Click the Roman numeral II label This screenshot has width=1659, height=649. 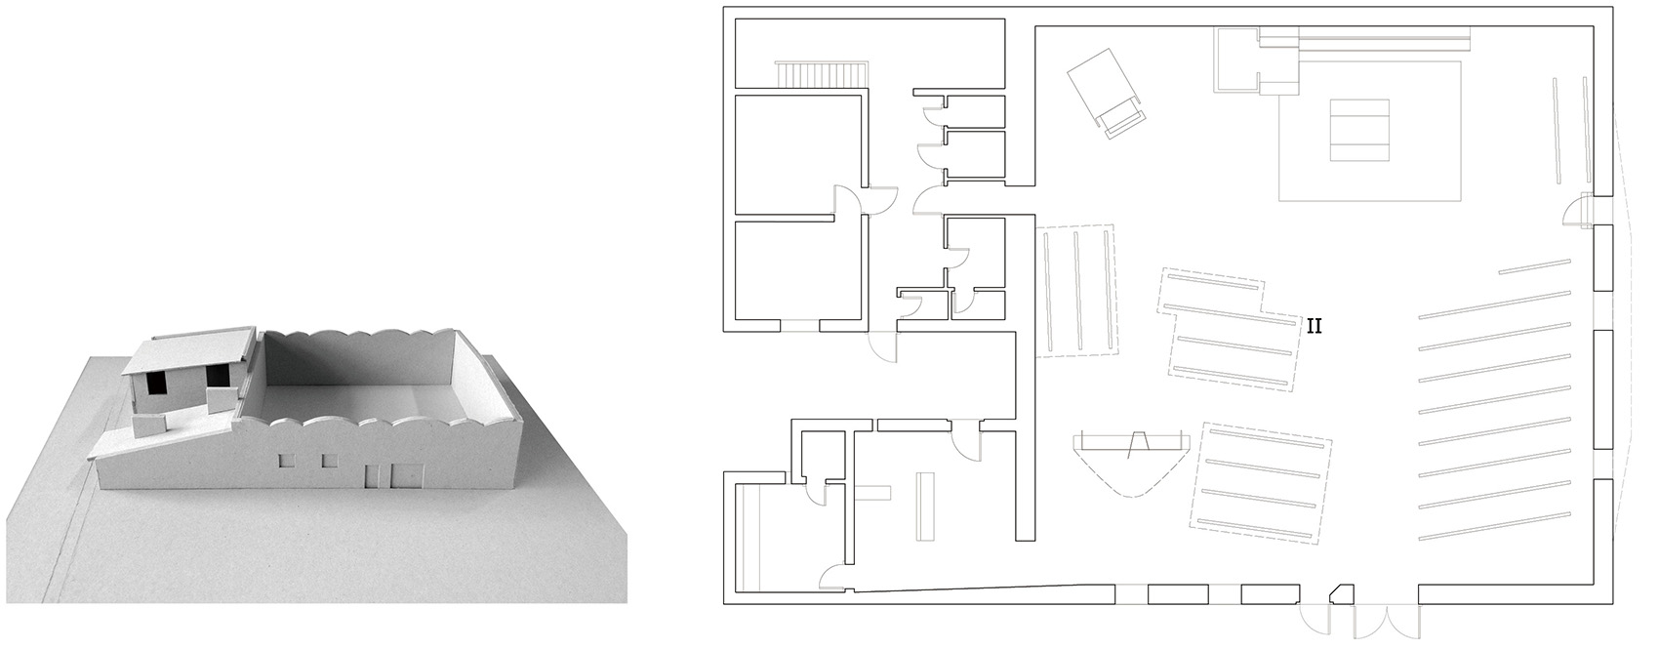[1314, 326]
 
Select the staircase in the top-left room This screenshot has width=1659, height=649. [821, 74]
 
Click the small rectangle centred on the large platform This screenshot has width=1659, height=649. [1359, 130]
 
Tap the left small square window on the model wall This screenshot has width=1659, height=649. [284, 463]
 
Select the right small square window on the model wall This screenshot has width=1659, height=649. [330, 461]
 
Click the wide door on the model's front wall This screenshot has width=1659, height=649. [406, 476]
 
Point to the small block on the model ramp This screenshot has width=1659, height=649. [147, 429]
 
